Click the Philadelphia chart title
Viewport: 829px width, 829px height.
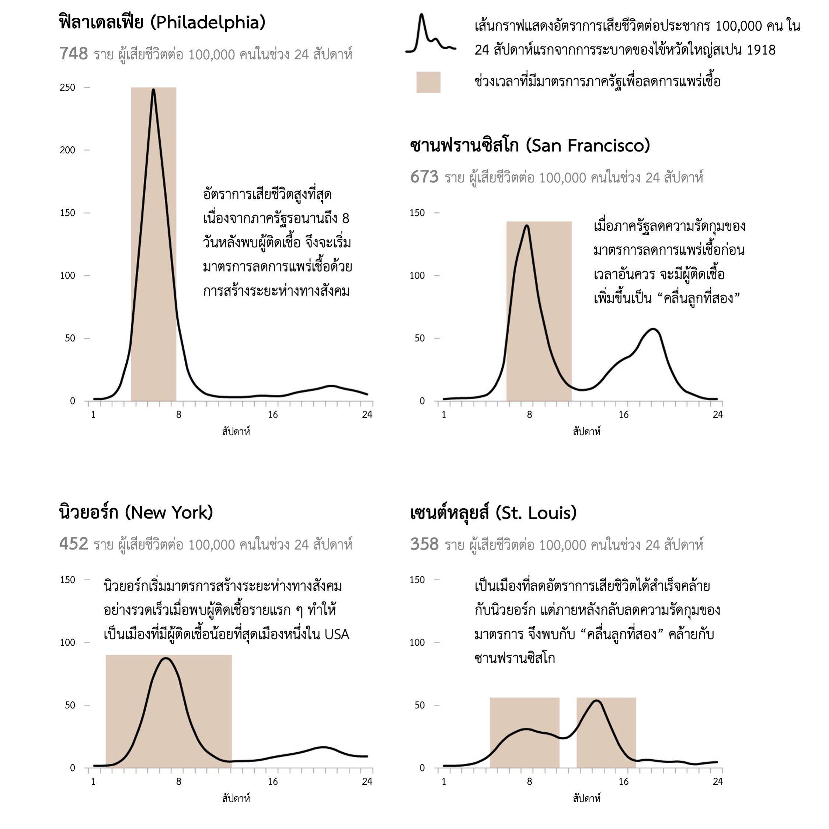(162, 22)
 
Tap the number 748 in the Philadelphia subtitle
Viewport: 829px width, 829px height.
(73, 54)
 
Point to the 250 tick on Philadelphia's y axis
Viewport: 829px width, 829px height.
(68, 87)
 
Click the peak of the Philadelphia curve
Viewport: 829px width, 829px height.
(153, 90)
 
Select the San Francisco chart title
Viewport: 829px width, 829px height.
(530, 146)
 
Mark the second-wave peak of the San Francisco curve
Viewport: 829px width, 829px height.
(653, 329)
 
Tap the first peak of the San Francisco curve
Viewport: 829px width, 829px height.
(527, 226)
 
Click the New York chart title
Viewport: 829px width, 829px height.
(136, 512)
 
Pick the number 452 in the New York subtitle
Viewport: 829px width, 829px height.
(73, 544)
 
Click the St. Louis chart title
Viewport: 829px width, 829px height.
(494, 513)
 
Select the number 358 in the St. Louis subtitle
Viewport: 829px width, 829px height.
(424, 544)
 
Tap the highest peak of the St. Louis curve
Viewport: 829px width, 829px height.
(597, 701)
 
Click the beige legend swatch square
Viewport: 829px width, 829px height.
(428, 82)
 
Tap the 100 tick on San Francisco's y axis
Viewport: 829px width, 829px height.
(417, 275)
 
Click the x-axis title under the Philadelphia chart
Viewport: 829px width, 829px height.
(236, 432)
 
